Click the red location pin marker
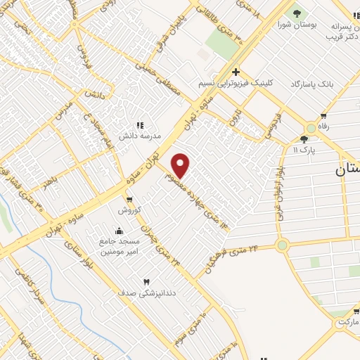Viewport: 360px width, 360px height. coord(181,165)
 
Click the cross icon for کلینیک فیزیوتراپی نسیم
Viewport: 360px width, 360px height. coord(236,72)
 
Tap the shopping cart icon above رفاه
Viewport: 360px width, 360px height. coord(323,116)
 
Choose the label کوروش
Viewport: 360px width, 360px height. coord(129,210)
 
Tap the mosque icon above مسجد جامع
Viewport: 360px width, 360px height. coord(119,230)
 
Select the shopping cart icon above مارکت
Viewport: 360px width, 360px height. coord(356,311)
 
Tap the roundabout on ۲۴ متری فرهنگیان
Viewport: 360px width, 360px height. coord(283,245)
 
